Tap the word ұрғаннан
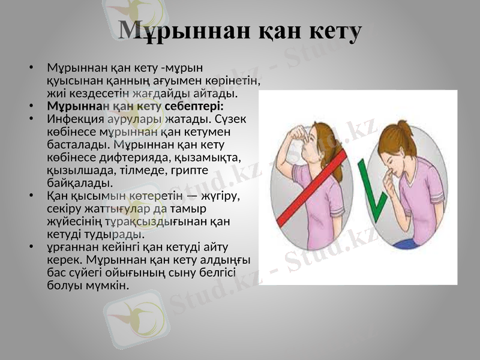point(72,247)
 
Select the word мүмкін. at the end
point(110,286)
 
